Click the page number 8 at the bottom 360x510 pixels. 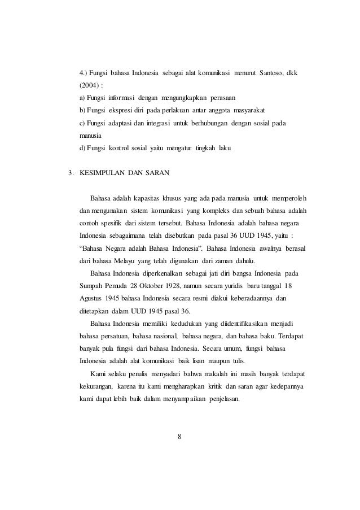(179, 435)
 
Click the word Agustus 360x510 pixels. (93, 298)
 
